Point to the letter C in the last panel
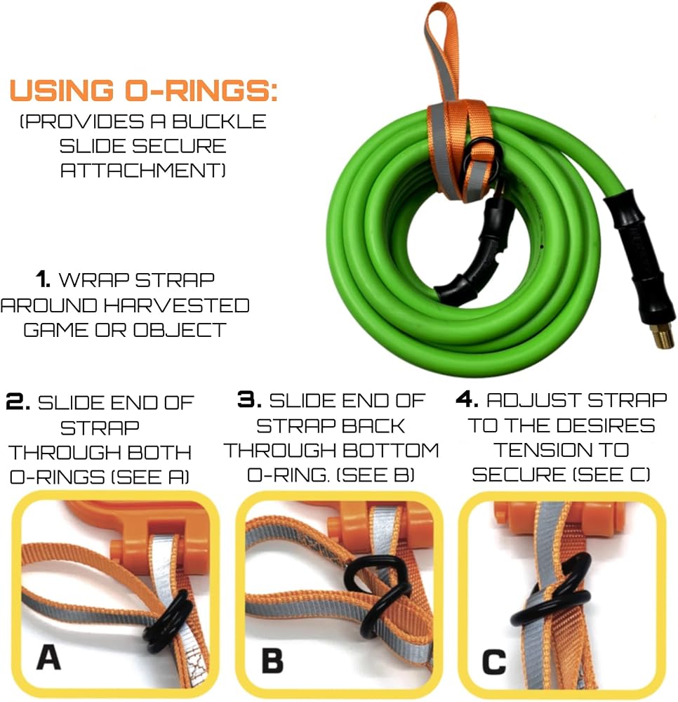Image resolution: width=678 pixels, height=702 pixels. click(x=494, y=662)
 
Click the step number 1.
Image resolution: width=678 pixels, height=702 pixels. click(x=43, y=279)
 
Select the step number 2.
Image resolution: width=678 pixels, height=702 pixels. click(x=18, y=402)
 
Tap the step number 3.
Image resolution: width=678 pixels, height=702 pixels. click(x=249, y=400)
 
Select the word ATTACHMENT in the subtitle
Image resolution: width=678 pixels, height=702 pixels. click(x=142, y=170)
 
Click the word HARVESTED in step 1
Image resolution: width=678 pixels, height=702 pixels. click(x=177, y=305)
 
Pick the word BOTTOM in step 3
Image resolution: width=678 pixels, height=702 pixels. click(x=391, y=450)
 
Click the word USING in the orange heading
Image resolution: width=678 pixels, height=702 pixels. click(x=62, y=90)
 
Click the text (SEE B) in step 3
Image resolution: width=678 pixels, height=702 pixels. click(x=375, y=475)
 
